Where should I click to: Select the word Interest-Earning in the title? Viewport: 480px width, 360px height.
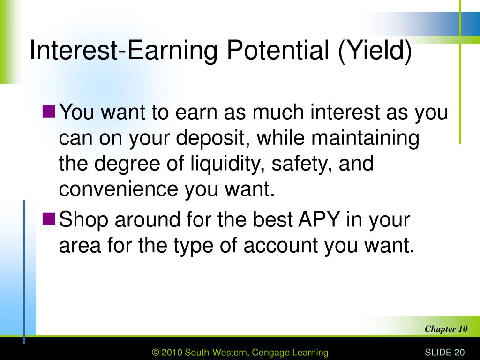pyautogui.click(x=124, y=51)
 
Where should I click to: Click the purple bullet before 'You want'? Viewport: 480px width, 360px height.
pyautogui.click(x=49, y=112)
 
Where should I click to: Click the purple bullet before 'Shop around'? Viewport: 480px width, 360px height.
pyautogui.click(x=49, y=219)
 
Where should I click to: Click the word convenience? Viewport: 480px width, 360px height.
pyautogui.click(x=119, y=189)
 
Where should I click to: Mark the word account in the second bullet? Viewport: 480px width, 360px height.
pyautogui.click(x=280, y=246)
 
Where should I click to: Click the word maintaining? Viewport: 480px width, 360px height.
pyautogui.click(x=365, y=138)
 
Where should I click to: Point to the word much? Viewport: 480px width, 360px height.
pyautogui.click(x=278, y=112)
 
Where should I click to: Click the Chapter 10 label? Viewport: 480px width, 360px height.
pyautogui.click(x=446, y=329)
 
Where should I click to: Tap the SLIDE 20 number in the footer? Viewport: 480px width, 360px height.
pyautogui.click(x=444, y=352)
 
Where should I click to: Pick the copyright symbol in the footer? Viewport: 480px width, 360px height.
pyautogui.click(x=156, y=352)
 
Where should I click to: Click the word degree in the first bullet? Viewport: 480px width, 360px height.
pyautogui.click(x=127, y=164)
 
